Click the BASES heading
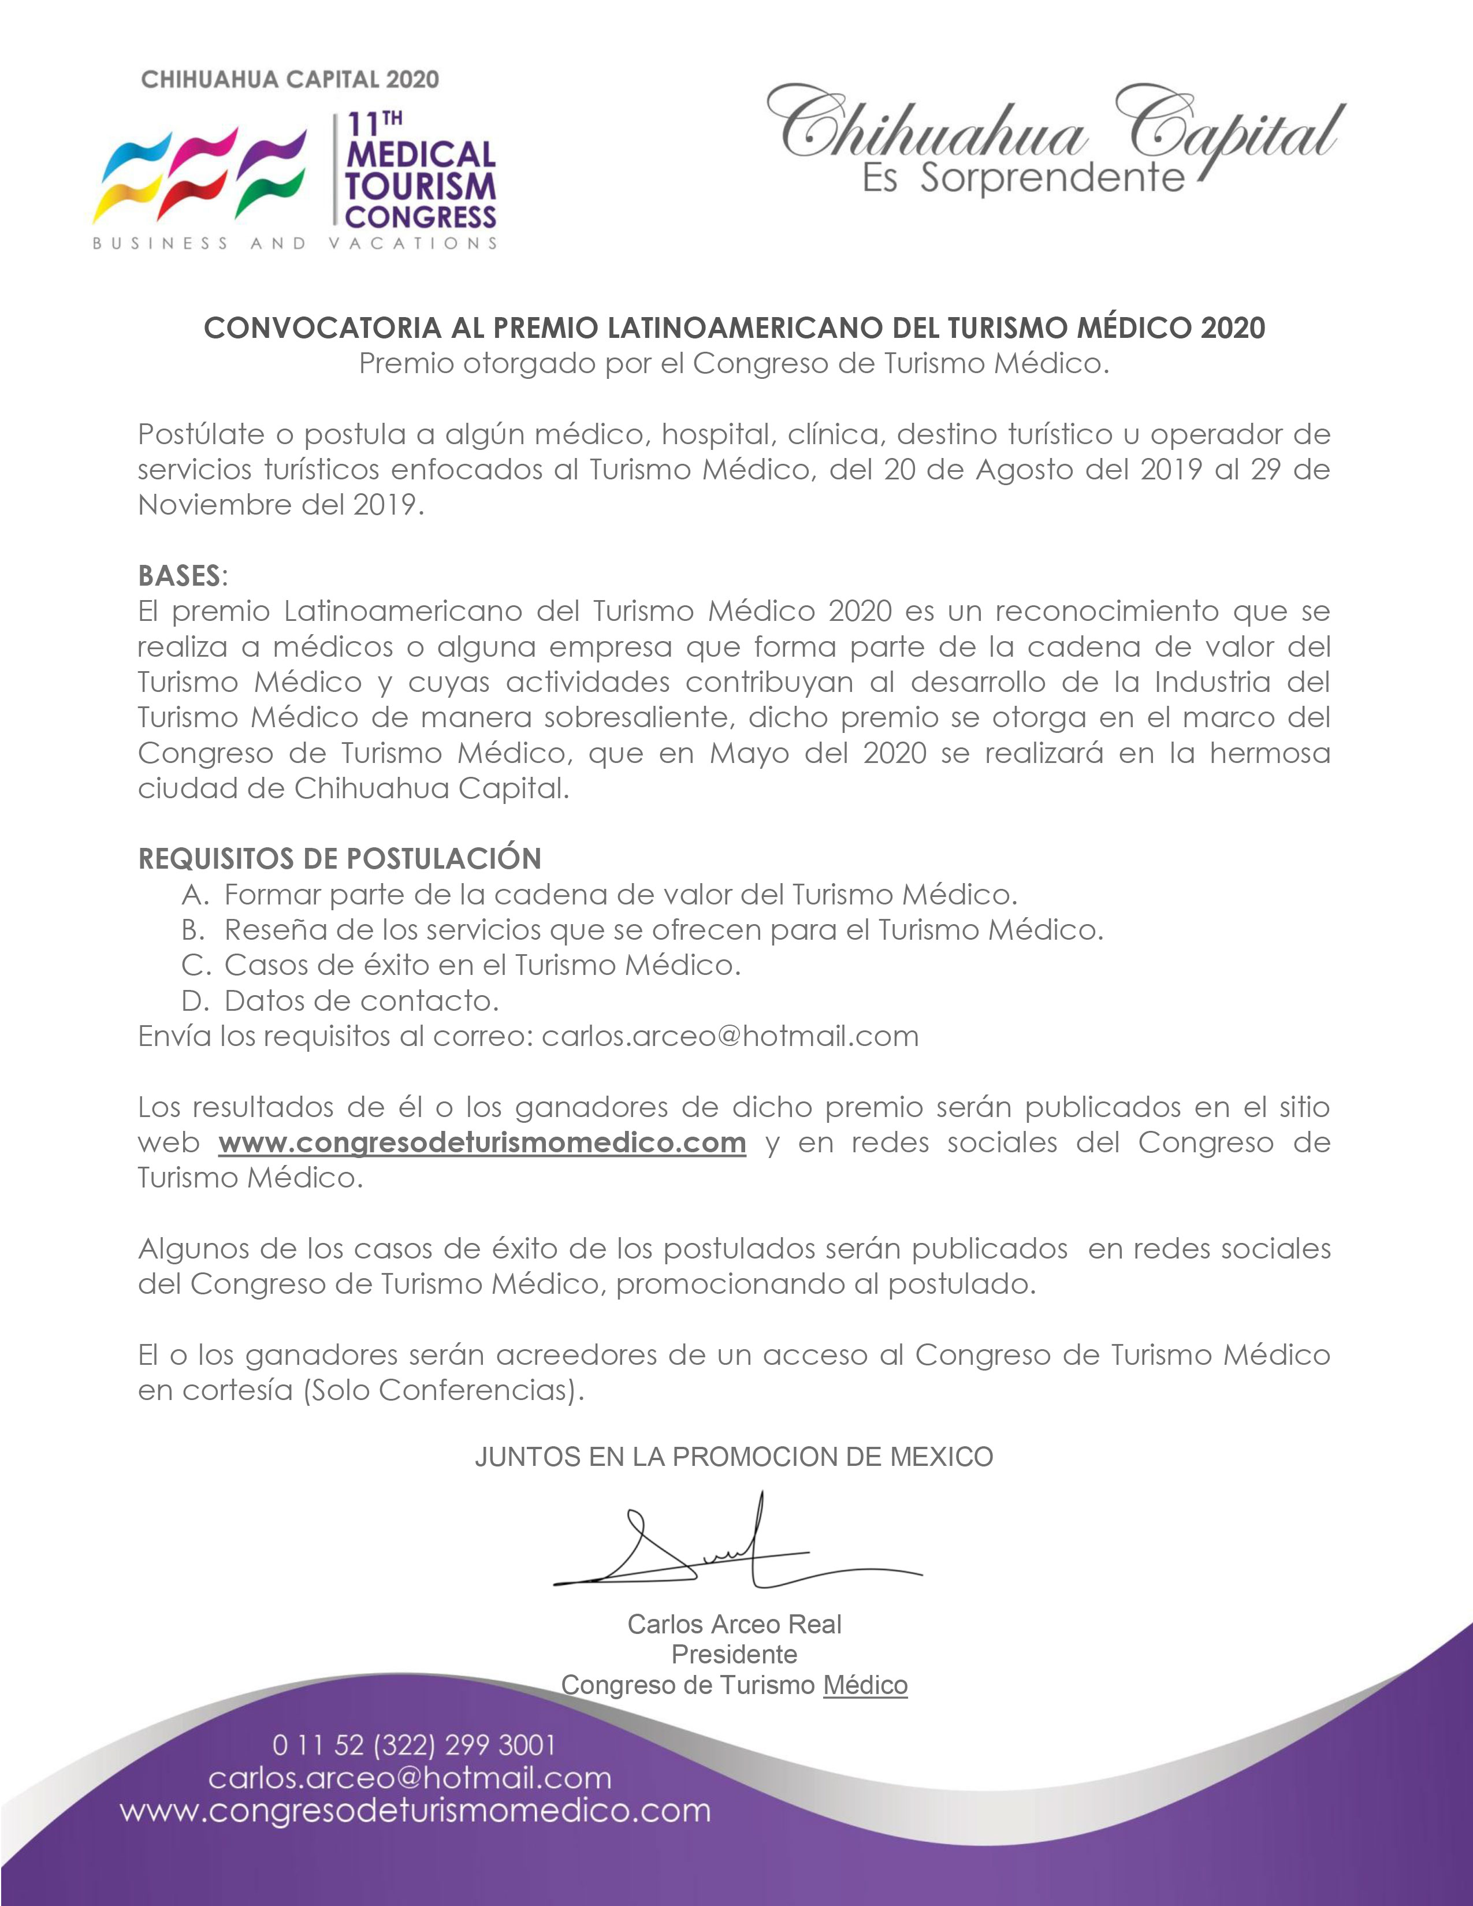click(179, 576)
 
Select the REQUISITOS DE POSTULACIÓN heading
click(340, 859)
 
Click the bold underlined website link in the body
click(482, 1142)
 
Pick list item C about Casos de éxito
click(482, 965)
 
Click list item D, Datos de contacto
click(361, 1000)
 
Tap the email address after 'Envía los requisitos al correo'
click(730, 1036)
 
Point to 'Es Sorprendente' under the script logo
click(1022, 179)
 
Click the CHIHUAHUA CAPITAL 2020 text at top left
click(290, 80)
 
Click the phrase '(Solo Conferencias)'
click(443, 1390)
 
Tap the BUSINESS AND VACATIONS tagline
click(295, 244)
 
